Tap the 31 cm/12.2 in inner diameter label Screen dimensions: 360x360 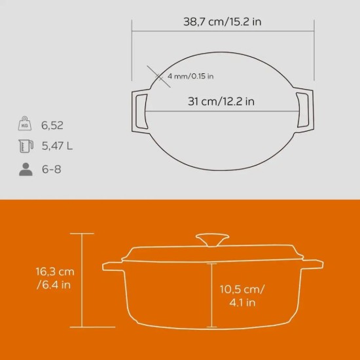(221, 101)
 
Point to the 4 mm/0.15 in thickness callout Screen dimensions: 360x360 (190, 77)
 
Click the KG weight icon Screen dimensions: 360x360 (26, 122)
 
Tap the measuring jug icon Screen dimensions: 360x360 (26, 146)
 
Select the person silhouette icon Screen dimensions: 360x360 (26, 170)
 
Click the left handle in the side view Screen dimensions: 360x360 (113, 266)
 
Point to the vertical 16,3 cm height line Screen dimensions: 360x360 (82, 281)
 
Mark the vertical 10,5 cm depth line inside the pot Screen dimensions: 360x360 (213, 295)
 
